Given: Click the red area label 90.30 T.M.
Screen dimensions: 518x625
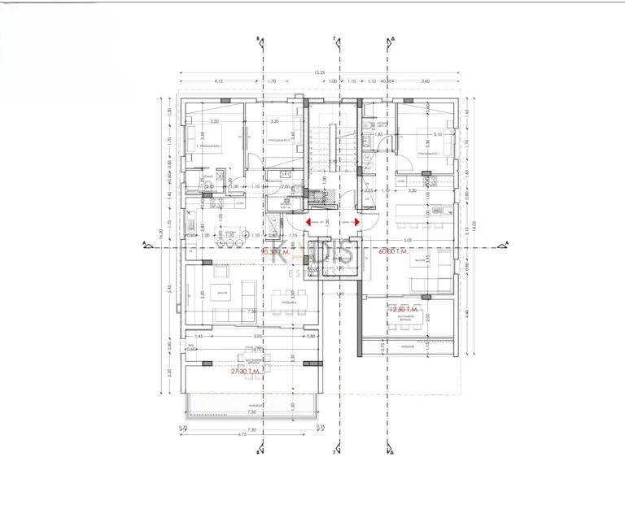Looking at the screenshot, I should click(x=275, y=252).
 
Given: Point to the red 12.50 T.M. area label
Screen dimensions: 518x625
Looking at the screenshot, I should click(x=404, y=310).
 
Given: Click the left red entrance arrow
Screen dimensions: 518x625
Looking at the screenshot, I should click(x=308, y=221).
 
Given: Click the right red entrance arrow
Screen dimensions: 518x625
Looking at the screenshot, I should click(x=359, y=221).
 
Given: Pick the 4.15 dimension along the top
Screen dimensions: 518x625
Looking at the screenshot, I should click(x=219, y=81).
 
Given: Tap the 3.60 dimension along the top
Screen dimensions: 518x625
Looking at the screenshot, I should click(x=425, y=81).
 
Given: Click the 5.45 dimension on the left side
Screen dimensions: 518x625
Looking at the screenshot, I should click(x=168, y=289).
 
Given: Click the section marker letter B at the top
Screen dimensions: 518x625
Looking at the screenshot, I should click(x=259, y=38).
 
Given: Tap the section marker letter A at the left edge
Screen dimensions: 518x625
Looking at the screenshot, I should click(x=144, y=242).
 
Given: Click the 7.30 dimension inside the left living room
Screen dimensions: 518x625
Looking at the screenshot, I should click(x=251, y=311).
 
